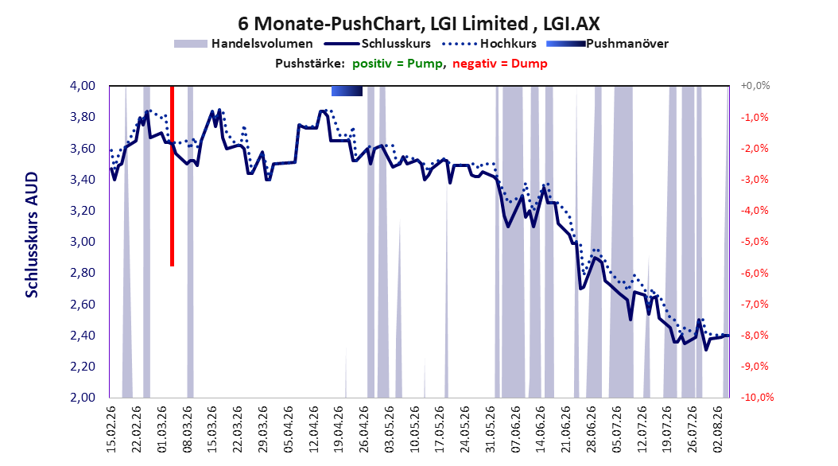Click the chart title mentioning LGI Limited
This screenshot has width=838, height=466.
tap(418, 24)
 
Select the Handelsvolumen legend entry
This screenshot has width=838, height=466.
tap(243, 44)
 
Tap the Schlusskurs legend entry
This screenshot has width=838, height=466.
tap(378, 44)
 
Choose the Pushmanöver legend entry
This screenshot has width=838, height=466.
tap(607, 44)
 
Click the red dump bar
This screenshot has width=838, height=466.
tap(172, 176)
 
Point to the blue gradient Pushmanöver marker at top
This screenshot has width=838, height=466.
tap(347, 91)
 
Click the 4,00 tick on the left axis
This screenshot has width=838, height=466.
tap(83, 86)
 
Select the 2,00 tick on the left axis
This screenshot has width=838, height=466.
tap(83, 397)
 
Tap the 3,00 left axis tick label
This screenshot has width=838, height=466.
tap(83, 242)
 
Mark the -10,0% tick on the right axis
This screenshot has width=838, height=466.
tap(757, 397)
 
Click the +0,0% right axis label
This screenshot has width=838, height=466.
tap(755, 86)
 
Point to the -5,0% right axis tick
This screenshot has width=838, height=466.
tap(755, 242)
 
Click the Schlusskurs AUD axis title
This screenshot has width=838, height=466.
tap(32, 235)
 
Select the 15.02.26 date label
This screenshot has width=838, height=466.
tap(111, 429)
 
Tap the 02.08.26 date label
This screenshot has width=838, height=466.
tap(718, 429)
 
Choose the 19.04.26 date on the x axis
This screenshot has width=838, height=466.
tap(339, 429)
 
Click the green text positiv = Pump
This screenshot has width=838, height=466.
tap(398, 64)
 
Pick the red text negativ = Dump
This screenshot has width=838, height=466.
tap(500, 64)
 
